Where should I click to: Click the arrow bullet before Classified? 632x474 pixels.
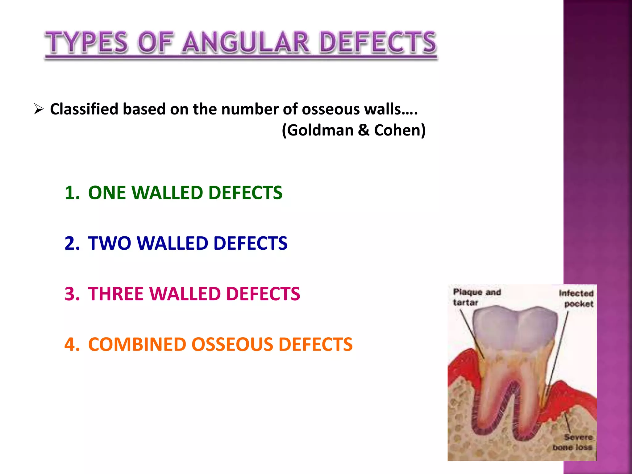[39, 109]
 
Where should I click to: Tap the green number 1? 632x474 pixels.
[72, 193]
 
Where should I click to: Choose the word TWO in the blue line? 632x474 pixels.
[110, 243]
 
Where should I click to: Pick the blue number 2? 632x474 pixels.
[72, 243]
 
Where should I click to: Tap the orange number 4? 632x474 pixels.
[72, 344]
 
